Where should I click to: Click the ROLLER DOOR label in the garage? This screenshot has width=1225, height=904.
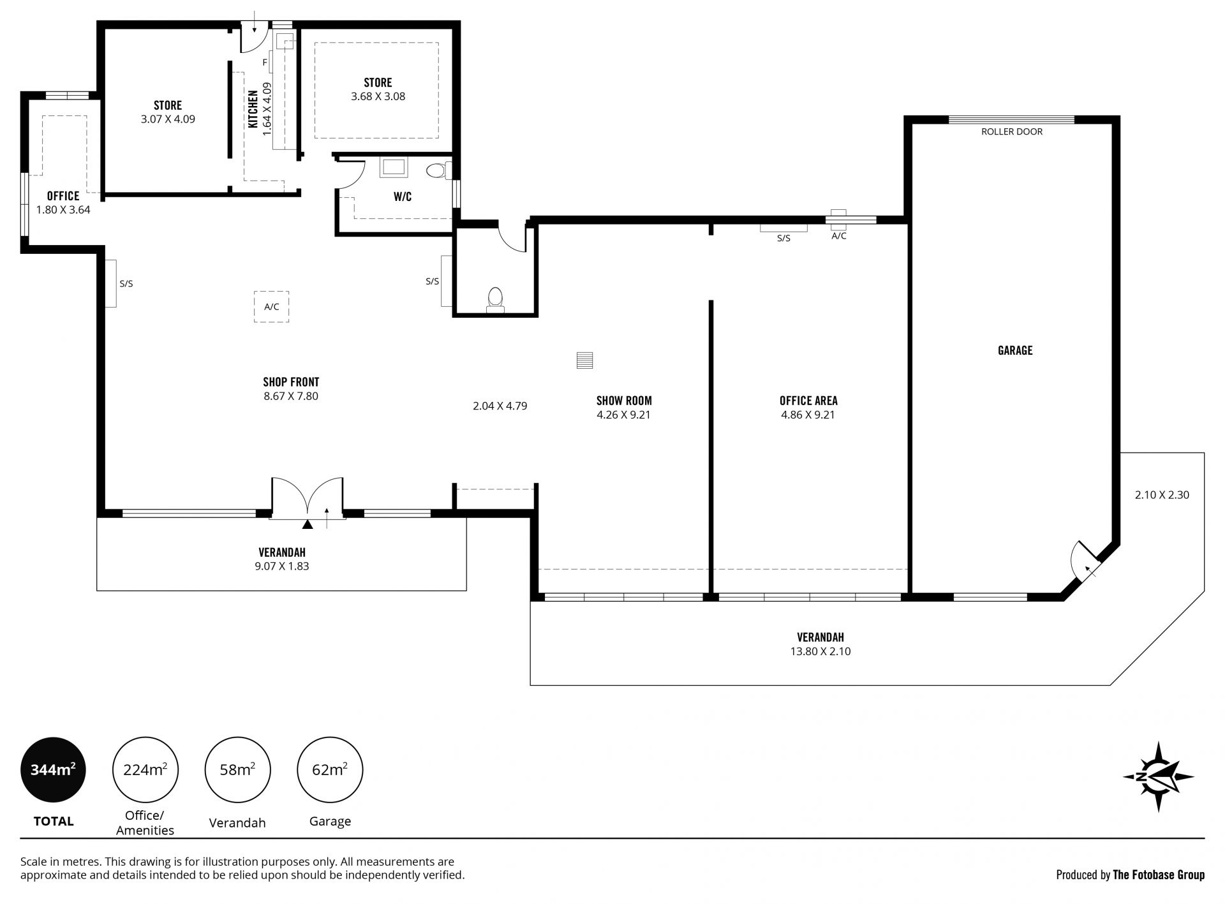click(1012, 131)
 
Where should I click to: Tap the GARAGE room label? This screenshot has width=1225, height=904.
click(1015, 350)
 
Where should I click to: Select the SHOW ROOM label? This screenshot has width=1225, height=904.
click(624, 401)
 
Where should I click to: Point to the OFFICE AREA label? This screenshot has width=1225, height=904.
click(808, 401)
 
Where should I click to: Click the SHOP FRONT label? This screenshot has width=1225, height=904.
click(291, 382)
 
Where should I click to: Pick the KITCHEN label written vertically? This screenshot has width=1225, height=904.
click(253, 109)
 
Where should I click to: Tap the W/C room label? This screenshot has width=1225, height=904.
click(403, 196)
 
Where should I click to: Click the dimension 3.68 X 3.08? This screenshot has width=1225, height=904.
click(378, 96)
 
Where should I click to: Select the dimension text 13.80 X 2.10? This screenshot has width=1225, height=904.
click(820, 651)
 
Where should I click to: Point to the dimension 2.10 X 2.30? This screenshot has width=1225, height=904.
click(1162, 494)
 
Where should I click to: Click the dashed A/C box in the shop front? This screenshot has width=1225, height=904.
click(272, 307)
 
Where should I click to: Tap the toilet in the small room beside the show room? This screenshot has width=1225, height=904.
click(495, 300)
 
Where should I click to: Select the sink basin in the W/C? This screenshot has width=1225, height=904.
click(394, 167)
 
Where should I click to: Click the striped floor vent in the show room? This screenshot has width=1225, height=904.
click(584, 360)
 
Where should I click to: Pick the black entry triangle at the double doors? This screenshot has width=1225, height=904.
click(308, 524)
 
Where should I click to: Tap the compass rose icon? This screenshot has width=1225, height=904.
click(1158, 776)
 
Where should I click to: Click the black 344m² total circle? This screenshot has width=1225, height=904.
click(54, 769)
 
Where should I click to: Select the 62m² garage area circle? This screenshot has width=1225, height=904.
click(330, 769)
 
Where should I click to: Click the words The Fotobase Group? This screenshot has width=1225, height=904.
click(1159, 875)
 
